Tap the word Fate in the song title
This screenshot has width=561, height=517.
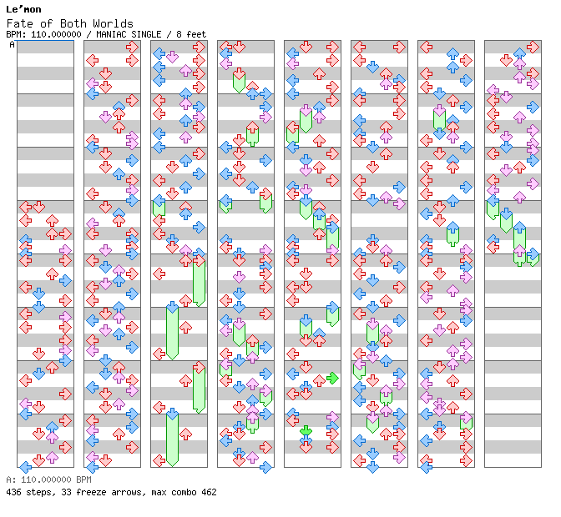(x=19, y=23)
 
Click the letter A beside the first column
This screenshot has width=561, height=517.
(x=12, y=45)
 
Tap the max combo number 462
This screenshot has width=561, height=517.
(x=208, y=492)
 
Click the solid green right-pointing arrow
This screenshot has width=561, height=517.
(x=332, y=378)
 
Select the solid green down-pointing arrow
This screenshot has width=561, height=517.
(x=306, y=431)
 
